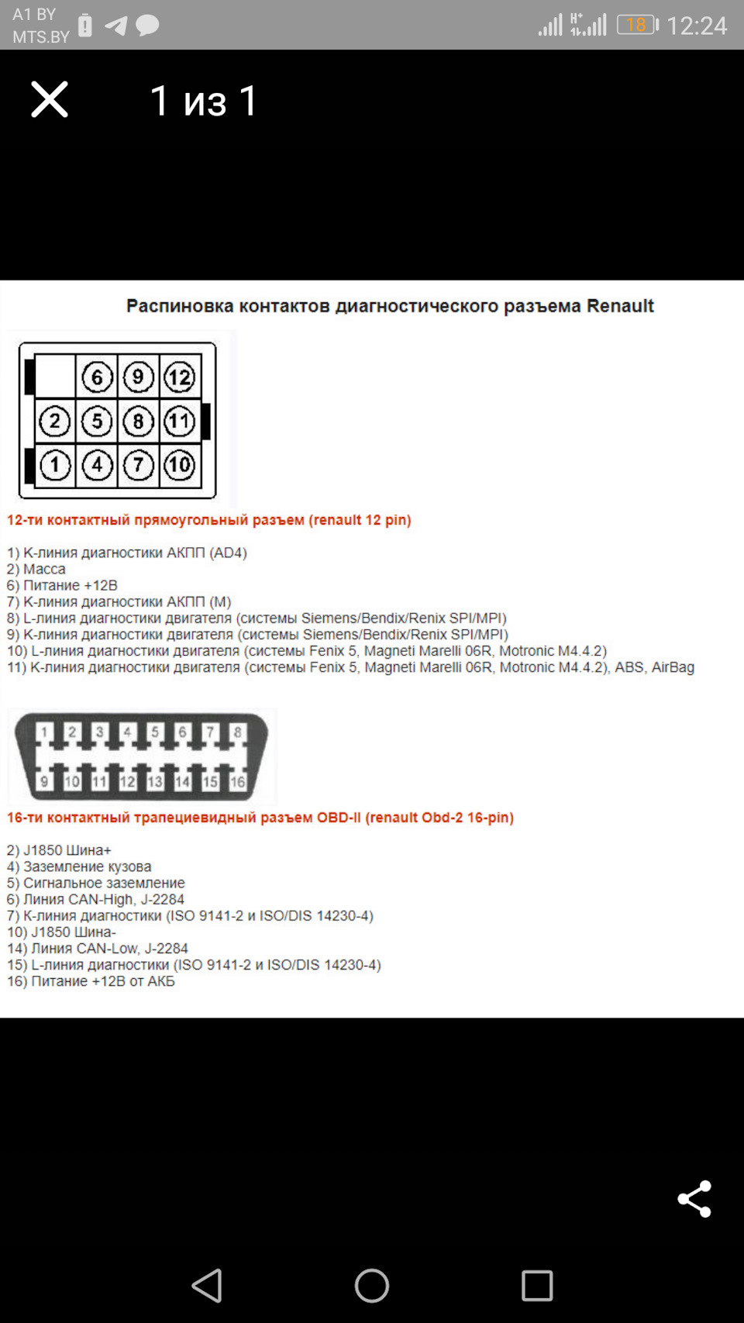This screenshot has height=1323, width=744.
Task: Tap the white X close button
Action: click(x=50, y=99)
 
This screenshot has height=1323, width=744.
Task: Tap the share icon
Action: click(x=694, y=1199)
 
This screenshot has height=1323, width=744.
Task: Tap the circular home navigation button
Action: click(x=372, y=1286)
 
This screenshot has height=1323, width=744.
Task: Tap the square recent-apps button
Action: click(x=537, y=1286)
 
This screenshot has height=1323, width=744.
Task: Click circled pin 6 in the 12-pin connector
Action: click(x=97, y=377)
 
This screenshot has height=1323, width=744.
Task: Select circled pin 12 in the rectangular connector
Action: click(x=180, y=377)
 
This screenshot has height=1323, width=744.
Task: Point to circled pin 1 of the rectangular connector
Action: click(x=55, y=466)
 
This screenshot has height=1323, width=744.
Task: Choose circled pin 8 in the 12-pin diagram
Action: click(x=139, y=422)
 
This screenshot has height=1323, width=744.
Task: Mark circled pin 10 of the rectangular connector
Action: click(x=180, y=466)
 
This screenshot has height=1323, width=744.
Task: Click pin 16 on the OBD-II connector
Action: click(x=238, y=781)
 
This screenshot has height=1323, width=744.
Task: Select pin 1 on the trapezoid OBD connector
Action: click(x=44, y=732)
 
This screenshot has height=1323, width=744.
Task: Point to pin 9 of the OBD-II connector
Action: click(x=44, y=781)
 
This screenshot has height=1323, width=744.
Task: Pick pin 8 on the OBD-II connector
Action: click(x=238, y=732)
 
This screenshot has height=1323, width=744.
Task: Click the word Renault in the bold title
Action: click(x=620, y=306)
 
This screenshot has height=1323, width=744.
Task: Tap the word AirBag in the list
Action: click(x=673, y=667)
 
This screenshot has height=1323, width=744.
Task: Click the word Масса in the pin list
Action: click(x=44, y=569)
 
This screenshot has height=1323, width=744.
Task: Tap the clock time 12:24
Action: click(x=697, y=26)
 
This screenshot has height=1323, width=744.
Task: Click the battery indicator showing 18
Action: click(x=636, y=25)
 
